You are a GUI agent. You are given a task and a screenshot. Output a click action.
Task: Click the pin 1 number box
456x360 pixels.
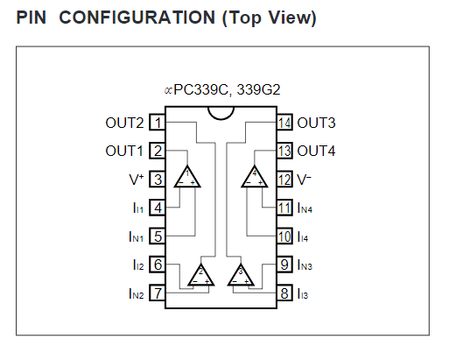tap(158, 123)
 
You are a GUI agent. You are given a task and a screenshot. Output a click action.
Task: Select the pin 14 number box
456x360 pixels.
tap(284, 123)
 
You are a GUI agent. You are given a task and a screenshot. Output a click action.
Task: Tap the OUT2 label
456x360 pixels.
tap(124, 123)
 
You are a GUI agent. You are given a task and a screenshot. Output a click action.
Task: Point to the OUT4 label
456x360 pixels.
tap(316, 151)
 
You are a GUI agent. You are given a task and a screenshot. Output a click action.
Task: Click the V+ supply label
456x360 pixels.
tap(137, 180)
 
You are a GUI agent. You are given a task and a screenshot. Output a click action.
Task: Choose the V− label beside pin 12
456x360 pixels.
tap(304, 180)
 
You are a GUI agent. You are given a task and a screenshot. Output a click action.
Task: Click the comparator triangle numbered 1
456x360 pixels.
tap(187, 177)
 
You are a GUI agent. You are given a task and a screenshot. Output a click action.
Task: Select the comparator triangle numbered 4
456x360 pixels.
tap(255, 177)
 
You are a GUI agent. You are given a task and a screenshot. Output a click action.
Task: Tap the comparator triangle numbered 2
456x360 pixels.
tap(201, 275)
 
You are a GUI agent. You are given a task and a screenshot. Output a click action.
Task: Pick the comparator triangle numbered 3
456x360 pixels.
tap(241, 275)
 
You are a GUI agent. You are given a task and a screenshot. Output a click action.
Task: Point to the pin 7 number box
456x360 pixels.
tap(158, 293)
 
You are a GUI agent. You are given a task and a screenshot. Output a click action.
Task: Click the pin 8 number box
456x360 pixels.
tap(284, 293)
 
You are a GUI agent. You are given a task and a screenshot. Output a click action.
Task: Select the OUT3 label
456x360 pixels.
tap(316, 123)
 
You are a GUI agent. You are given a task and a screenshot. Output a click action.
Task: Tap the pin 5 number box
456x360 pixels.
tap(158, 236)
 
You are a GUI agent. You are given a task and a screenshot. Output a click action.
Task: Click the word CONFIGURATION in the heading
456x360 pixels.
tap(137, 18)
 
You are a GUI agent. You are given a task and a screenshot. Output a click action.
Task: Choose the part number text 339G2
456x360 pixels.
tap(258, 89)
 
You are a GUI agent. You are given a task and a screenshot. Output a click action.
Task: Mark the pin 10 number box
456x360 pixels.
tap(284, 236)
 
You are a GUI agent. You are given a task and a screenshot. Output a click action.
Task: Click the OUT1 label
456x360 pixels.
tap(124, 151)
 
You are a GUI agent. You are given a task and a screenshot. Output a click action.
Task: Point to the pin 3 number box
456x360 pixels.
tap(158, 180)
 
